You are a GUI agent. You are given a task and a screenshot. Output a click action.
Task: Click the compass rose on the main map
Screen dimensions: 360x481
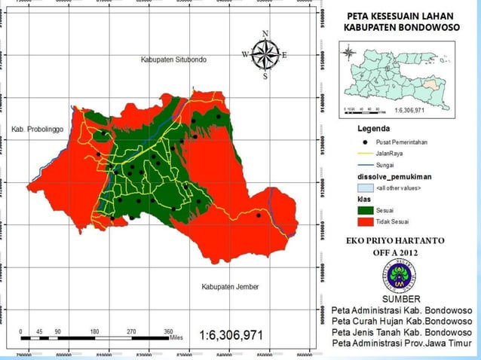tap(265, 53)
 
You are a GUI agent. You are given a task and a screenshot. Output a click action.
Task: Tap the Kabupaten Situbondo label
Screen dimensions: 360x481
tap(173, 59)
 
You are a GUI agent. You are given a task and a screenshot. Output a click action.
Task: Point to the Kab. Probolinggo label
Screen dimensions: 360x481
tap(39, 129)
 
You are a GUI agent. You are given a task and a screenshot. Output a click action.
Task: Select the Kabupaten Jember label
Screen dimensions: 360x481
tap(230, 287)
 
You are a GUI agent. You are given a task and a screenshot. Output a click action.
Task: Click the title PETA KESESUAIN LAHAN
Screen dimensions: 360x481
tap(401, 16)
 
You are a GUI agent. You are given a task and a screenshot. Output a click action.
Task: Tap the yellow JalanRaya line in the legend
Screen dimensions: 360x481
tap(365, 153)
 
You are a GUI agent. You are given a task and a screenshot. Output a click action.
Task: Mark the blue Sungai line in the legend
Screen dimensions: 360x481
tap(365, 164)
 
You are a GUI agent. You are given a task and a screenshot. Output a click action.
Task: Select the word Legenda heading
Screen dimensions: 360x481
tap(373, 129)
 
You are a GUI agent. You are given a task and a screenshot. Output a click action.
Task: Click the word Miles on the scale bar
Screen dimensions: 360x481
tap(176, 338)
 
